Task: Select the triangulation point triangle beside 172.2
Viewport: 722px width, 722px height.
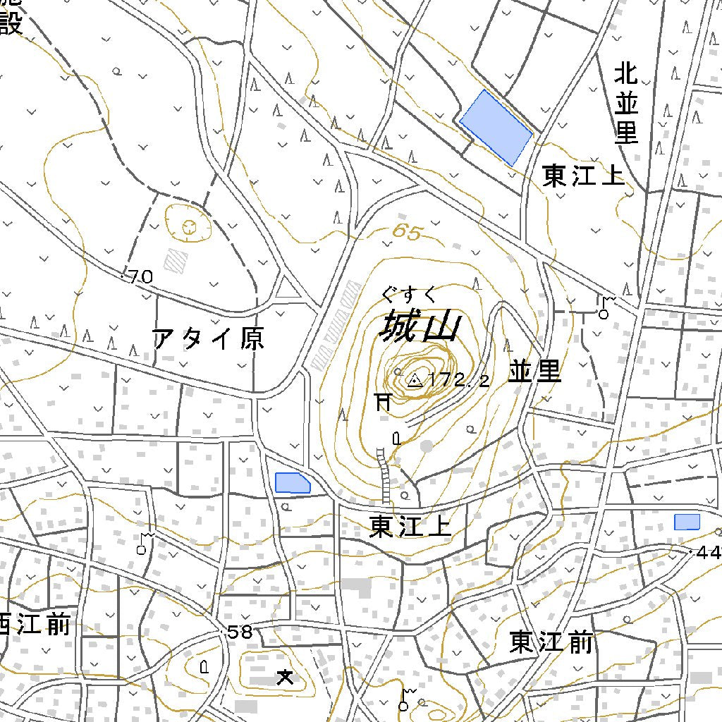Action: [x=415, y=381]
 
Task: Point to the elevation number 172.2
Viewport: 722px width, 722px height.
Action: [x=458, y=381]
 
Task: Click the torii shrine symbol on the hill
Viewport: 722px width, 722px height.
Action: [x=383, y=402]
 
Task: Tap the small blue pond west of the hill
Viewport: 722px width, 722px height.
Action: [x=292, y=483]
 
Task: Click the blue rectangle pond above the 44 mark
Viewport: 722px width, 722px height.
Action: [x=686, y=522]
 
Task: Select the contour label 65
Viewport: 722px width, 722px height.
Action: [x=406, y=231]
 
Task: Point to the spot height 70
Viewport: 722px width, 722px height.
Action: [x=140, y=277]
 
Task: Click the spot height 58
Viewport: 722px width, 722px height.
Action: [x=240, y=632]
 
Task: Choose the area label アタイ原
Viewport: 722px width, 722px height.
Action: [x=209, y=339]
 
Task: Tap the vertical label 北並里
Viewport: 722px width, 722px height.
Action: [x=626, y=103]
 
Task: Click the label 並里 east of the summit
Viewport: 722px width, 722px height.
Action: [x=534, y=372]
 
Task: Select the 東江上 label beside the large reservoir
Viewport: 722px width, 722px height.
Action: [x=583, y=176]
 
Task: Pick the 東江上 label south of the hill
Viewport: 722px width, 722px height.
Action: [x=410, y=527]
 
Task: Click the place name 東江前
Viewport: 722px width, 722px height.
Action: [x=551, y=642]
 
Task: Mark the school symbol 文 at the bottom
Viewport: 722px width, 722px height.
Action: [x=285, y=678]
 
